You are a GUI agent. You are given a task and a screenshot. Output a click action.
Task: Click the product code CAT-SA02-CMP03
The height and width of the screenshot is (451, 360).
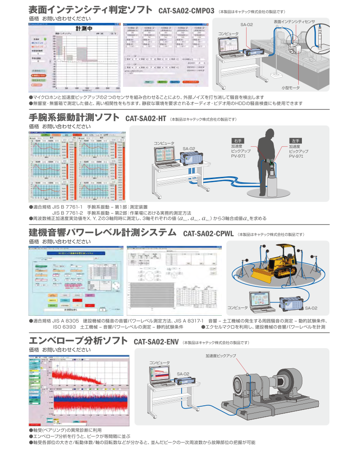tap(186, 10)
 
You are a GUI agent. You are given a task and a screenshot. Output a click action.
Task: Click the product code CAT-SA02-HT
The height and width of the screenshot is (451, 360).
tap(145, 118)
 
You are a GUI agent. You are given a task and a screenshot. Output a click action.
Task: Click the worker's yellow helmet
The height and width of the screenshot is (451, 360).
tap(267, 131)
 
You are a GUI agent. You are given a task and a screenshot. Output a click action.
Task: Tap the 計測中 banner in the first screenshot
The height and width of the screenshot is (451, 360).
tap(84, 28)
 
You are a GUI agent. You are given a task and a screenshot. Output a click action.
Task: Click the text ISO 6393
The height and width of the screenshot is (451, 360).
tap(63, 327)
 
